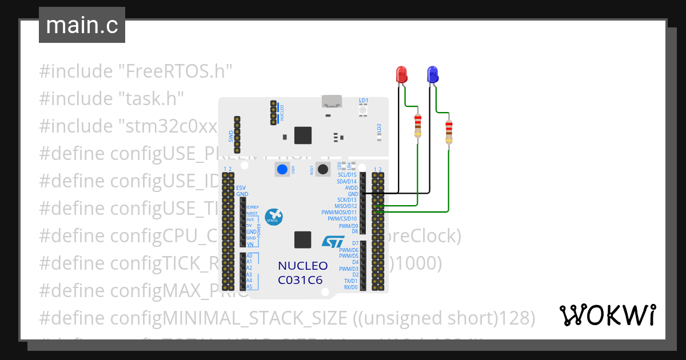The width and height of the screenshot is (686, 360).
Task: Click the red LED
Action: pyautogui.click(x=401, y=75)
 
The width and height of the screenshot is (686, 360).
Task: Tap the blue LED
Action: pyautogui.click(x=432, y=75)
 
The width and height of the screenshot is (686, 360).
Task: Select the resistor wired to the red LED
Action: pyautogui.click(x=418, y=125)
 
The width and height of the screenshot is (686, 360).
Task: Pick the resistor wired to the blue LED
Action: pyautogui.click(x=449, y=132)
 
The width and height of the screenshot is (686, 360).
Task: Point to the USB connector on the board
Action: pyautogui.click(x=331, y=102)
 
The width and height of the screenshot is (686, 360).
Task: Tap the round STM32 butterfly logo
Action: pyautogui.click(x=273, y=217)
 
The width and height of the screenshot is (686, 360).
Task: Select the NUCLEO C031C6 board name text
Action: pyautogui.click(x=303, y=273)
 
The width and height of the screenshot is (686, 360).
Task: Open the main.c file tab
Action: pyautogui.click(x=82, y=25)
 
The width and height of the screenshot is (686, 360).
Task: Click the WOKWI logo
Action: pyautogui.click(x=607, y=315)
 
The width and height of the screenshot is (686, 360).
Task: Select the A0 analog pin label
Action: pyautogui.click(x=249, y=255)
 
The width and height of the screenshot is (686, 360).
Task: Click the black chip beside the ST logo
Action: pyautogui.click(x=303, y=240)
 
